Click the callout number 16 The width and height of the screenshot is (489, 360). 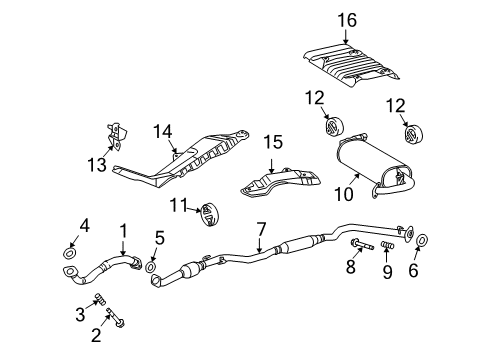click(x=346, y=20)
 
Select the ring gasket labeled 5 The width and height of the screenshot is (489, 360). click(x=151, y=267)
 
